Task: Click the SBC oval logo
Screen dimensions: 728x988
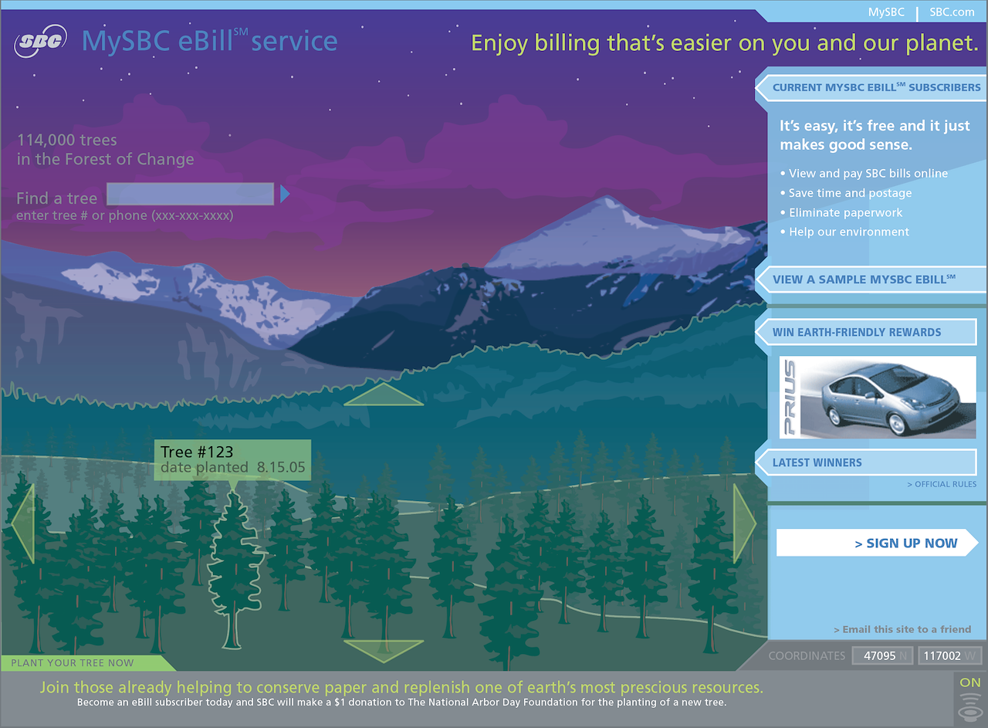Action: (40, 41)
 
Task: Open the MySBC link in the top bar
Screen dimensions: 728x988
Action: (886, 12)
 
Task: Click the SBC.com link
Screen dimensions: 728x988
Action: (952, 12)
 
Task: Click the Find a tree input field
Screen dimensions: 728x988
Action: (190, 194)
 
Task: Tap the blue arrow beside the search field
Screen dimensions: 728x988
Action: (285, 194)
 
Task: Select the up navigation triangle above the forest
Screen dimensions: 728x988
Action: (384, 394)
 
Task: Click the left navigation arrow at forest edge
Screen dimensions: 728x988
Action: (22, 523)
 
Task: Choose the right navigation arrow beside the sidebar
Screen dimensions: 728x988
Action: (744, 523)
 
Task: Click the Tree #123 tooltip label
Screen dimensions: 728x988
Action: (232, 459)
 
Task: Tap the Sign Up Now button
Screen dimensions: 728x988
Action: (876, 543)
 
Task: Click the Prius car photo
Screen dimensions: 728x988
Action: (878, 397)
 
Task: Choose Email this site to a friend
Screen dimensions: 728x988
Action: (902, 629)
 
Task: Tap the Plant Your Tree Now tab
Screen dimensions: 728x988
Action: (73, 662)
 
